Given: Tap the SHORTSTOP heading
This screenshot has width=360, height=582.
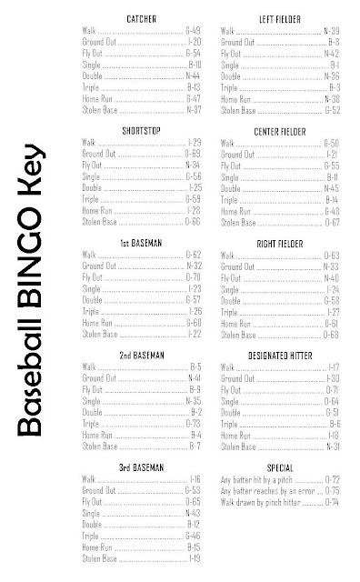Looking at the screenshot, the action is pos(142,130).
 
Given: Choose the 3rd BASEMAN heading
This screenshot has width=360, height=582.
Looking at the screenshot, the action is pos(141,466).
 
